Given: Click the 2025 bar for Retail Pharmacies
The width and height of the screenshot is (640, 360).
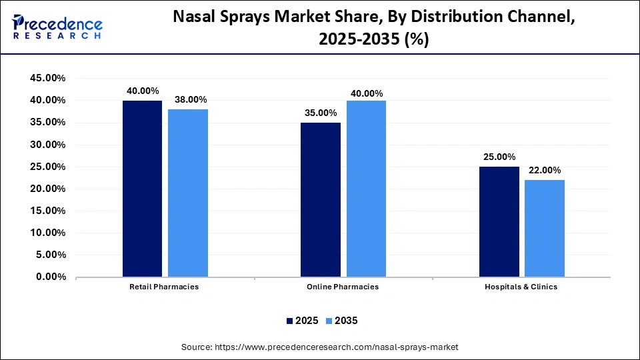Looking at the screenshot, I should tap(142, 189).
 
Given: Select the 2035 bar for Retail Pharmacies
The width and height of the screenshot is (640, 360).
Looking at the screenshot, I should tap(187, 193).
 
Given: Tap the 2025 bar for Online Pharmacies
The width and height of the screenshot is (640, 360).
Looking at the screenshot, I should tap(320, 199).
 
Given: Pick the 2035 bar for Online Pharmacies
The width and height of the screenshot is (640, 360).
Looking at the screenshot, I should tap(366, 189).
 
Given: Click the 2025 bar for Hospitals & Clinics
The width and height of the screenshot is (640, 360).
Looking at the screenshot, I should tap(499, 221).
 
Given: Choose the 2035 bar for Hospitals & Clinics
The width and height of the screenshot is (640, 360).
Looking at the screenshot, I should tap(544, 228).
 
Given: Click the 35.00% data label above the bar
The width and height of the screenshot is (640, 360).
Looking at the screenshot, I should tap(321, 113).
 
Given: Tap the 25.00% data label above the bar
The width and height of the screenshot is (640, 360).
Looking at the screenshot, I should tap(499, 157).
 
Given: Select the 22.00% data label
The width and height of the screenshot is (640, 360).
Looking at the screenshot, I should tap(544, 170).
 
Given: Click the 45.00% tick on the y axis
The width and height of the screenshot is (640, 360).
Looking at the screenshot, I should tap(47, 78).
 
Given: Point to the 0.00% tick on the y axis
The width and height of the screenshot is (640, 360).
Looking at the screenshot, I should tap(50, 277).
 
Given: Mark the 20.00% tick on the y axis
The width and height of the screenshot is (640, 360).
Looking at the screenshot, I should tap(47, 189).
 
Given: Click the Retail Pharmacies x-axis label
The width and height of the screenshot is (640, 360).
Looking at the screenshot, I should tap(164, 287).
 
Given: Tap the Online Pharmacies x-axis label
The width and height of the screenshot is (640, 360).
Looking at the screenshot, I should tap(343, 287).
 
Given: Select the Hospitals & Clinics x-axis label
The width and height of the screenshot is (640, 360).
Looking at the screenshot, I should tap(521, 287).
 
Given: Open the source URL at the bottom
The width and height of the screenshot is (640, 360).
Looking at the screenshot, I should tap(320, 347).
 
